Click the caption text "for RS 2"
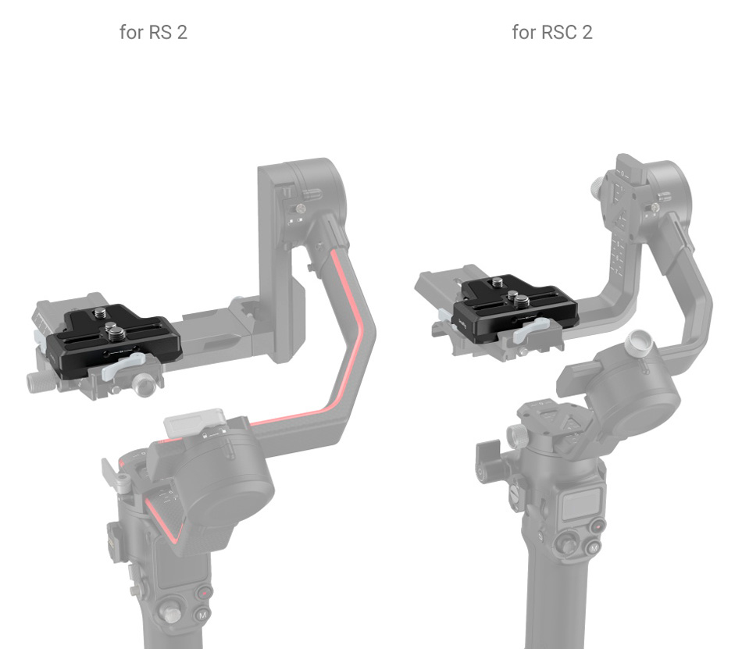(x=153, y=33)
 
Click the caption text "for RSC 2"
(x=551, y=33)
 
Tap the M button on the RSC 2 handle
(x=594, y=548)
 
